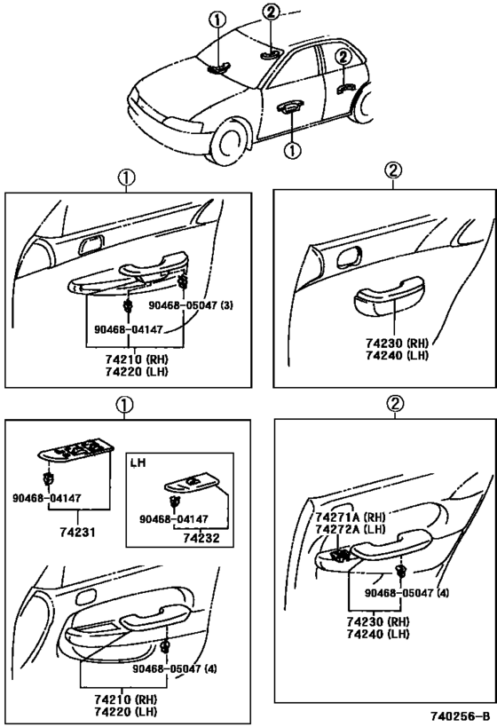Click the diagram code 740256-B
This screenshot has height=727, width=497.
[460, 715]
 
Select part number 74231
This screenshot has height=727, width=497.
[77, 532]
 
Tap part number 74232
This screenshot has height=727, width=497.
[201, 538]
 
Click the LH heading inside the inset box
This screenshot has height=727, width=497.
[138, 462]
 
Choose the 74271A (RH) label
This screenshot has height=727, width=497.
[351, 517]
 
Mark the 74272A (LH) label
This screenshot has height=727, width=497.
[351, 529]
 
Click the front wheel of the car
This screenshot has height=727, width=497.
[229, 141]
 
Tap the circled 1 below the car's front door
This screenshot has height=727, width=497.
[293, 150]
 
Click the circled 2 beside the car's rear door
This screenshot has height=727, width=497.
[343, 57]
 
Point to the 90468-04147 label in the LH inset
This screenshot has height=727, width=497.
[174, 519]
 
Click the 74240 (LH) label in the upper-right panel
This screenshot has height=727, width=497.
[397, 356]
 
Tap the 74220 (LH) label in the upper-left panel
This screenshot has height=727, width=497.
[137, 371]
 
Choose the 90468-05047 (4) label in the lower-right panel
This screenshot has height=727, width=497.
[406, 593]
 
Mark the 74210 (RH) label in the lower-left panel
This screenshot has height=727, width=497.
[126, 699]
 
